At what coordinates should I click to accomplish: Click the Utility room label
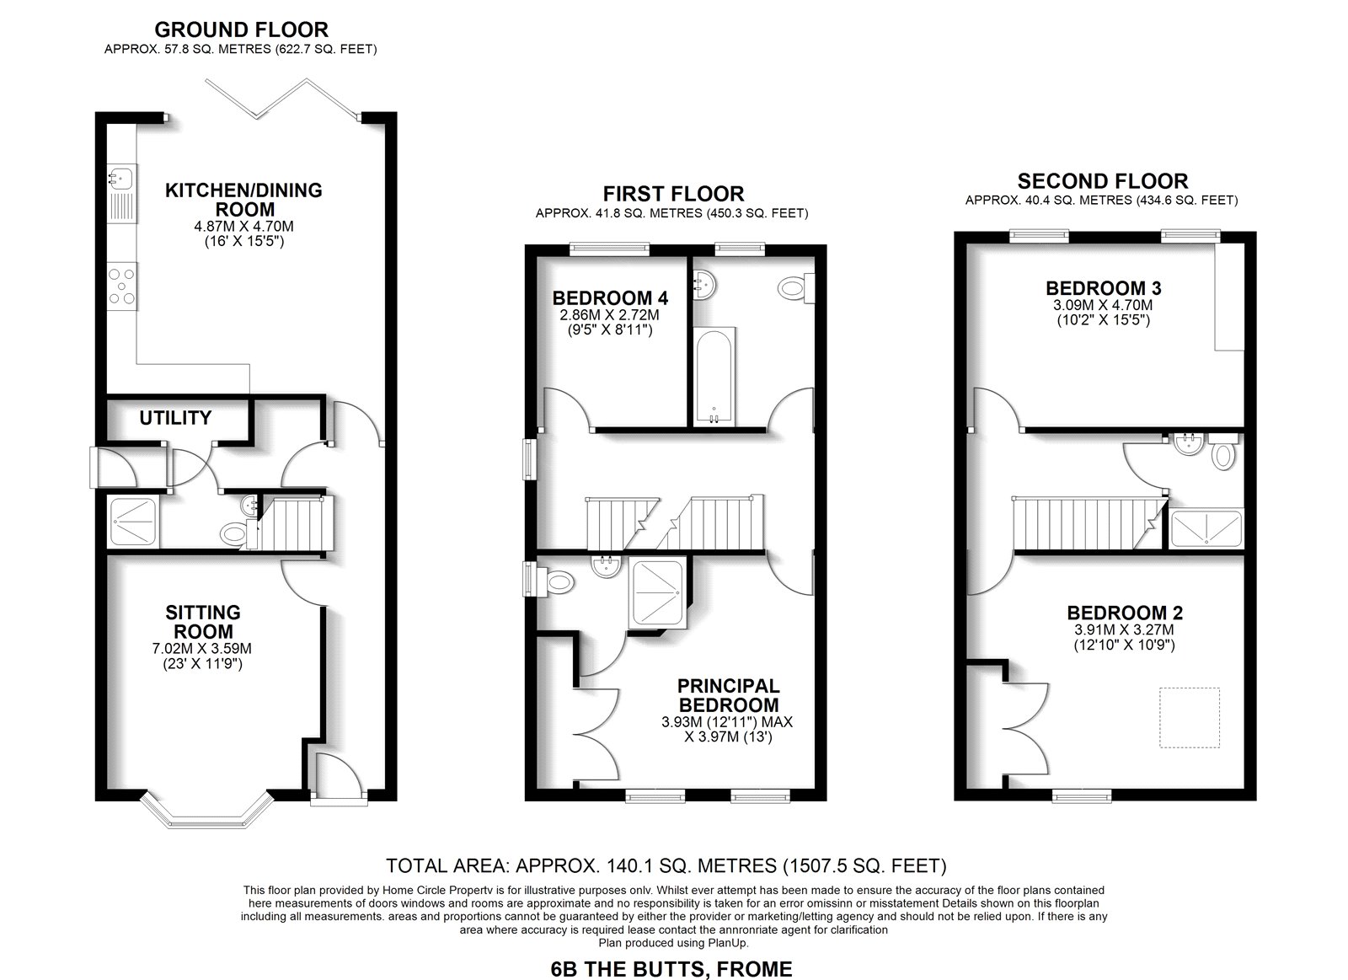tap(175, 418)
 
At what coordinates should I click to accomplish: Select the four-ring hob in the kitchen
tap(122, 287)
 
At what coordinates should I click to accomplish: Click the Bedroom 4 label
tap(610, 298)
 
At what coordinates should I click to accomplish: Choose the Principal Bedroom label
tap(728, 695)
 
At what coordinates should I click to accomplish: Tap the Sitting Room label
tap(203, 622)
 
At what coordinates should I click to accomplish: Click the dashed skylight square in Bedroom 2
tap(1190, 718)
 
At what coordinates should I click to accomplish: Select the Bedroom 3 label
tap(1104, 288)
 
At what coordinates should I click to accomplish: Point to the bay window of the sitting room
tap(207, 811)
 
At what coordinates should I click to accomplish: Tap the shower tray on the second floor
tap(1206, 528)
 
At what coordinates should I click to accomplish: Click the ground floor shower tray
tap(134, 521)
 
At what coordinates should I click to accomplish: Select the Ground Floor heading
tap(241, 29)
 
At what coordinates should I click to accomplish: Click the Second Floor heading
tap(1103, 181)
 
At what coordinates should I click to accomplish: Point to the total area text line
tap(666, 865)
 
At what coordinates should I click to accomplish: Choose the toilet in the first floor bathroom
tap(796, 287)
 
